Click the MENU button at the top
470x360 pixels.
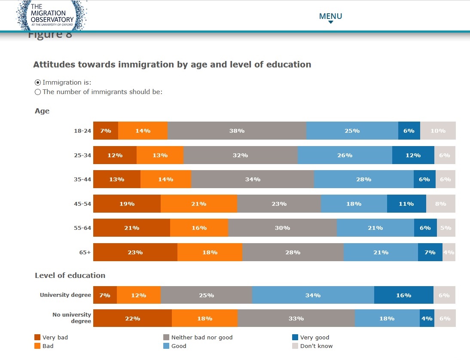click(x=330, y=17)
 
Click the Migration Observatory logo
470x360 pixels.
click(x=52, y=15)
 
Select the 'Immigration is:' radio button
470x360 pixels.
click(x=38, y=82)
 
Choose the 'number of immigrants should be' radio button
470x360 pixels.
click(x=38, y=92)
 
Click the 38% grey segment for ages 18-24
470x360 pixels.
click(x=237, y=131)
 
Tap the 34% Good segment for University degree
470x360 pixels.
click(x=313, y=295)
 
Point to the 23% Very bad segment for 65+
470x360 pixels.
click(x=135, y=252)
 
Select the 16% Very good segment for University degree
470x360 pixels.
click(x=403, y=295)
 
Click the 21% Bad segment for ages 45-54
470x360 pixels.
click(x=198, y=204)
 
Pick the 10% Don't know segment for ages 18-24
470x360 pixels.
click(x=438, y=131)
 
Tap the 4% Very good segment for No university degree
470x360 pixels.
click(x=427, y=318)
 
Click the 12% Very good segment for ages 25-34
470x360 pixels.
click(x=413, y=155)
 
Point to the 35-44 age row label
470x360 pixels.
click(x=82, y=180)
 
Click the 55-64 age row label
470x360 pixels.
click(x=82, y=228)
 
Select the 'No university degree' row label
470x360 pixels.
click(x=72, y=318)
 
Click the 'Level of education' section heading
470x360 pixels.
click(x=70, y=275)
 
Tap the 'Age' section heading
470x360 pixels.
click(x=42, y=111)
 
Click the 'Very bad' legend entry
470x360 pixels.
click(x=55, y=338)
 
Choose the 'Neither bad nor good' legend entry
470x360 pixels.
click(x=201, y=338)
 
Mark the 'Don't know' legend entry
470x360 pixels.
click(x=316, y=346)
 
